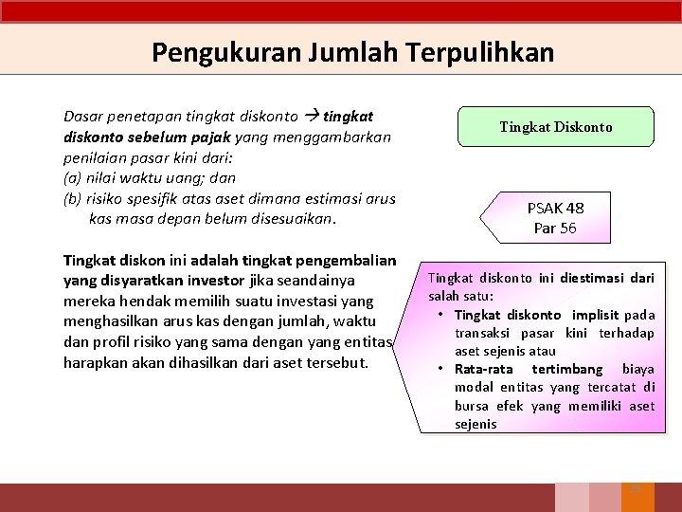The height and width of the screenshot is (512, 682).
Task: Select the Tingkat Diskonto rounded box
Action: [x=555, y=126]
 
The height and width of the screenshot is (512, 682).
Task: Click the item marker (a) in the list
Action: [x=72, y=177]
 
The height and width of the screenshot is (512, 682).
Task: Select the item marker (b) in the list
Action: [x=72, y=198]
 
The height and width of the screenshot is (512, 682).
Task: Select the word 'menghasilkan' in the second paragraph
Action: [x=110, y=321]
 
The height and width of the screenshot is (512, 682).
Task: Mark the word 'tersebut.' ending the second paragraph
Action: [x=335, y=362]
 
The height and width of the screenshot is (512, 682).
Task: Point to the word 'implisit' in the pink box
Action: [x=594, y=315]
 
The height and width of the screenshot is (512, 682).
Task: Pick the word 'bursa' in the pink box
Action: [x=471, y=406]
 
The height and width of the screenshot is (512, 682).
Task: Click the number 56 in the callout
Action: [x=567, y=229]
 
